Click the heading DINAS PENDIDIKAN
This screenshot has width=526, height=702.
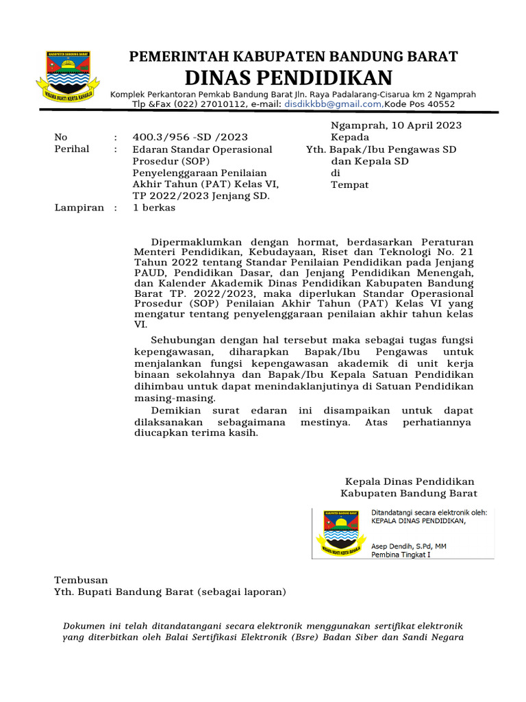(289, 77)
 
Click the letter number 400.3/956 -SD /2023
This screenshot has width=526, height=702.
(190, 137)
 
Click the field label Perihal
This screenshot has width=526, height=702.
(72, 149)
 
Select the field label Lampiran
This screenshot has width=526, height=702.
(79, 208)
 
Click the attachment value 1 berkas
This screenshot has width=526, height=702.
(154, 208)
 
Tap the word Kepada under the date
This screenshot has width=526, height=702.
(350, 137)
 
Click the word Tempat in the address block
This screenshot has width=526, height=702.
(350, 184)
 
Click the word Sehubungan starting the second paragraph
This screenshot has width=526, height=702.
(184, 340)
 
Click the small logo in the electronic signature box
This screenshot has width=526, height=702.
(340, 533)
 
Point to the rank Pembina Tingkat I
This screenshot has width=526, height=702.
(401, 555)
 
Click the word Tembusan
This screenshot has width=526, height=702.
(81, 580)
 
